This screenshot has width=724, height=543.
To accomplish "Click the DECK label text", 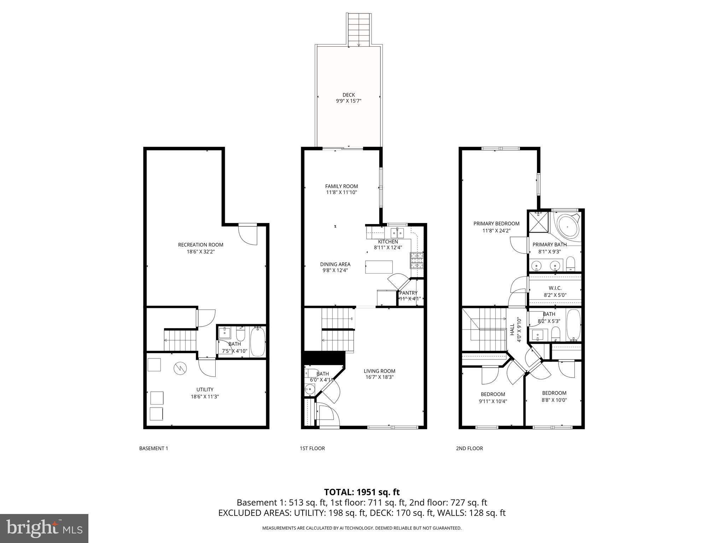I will pyautogui.click(x=348, y=95).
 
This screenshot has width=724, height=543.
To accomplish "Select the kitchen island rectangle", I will pyautogui.click(x=379, y=267).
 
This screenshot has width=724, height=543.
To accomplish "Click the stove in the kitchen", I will pyautogui.click(x=416, y=261).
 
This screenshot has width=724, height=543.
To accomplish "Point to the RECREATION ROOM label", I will pyautogui.click(x=200, y=245).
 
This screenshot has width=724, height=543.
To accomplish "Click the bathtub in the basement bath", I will pyautogui.click(x=257, y=342).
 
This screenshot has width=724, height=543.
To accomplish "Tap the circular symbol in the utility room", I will pyautogui.click(x=179, y=369).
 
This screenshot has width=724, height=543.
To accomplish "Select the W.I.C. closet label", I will pyautogui.click(x=555, y=288).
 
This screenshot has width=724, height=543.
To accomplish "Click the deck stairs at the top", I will pyautogui.click(x=359, y=30).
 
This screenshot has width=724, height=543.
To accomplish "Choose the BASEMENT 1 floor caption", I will pyautogui.click(x=153, y=448).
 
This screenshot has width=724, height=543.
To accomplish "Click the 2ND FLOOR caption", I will pyautogui.click(x=469, y=448).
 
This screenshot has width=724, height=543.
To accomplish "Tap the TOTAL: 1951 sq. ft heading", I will pyautogui.click(x=362, y=492).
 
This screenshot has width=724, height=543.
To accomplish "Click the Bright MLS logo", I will pyautogui.click(x=44, y=529).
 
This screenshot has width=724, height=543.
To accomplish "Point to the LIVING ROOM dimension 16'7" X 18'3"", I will pyautogui.click(x=379, y=377).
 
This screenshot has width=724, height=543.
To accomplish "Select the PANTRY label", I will pyautogui.click(x=408, y=293).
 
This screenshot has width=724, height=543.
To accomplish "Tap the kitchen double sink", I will pyautogui.click(x=397, y=233).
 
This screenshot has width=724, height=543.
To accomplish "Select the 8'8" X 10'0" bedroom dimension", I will pyautogui.click(x=554, y=400).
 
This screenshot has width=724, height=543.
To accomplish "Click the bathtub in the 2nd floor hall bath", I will pyautogui.click(x=573, y=325).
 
